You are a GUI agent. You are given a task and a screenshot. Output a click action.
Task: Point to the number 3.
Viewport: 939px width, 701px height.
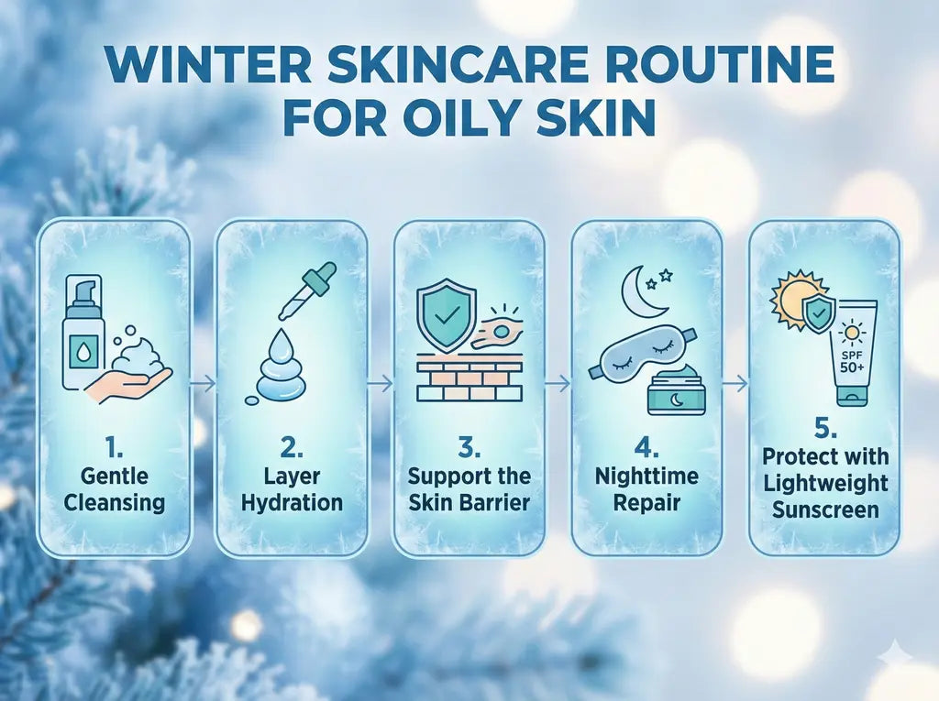[469, 447]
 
